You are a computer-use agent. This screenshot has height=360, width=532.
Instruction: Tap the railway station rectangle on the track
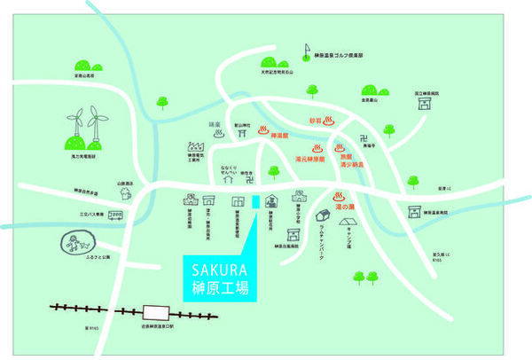click(x=158, y=312)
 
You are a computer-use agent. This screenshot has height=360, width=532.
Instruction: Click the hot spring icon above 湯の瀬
click(x=339, y=197)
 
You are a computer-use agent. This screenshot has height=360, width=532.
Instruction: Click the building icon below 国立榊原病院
click(x=426, y=103)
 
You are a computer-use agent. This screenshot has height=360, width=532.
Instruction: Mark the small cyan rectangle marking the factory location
click(x=254, y=203)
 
